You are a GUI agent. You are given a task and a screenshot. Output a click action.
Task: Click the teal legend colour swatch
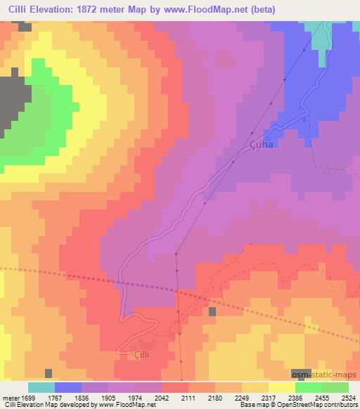coord(41,387)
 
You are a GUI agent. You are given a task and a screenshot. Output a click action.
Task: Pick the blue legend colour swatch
coord(68,387)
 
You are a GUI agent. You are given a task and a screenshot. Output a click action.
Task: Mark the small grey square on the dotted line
coord(212,311)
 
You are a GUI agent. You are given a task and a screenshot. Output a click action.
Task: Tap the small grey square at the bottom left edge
coord(48,373)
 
